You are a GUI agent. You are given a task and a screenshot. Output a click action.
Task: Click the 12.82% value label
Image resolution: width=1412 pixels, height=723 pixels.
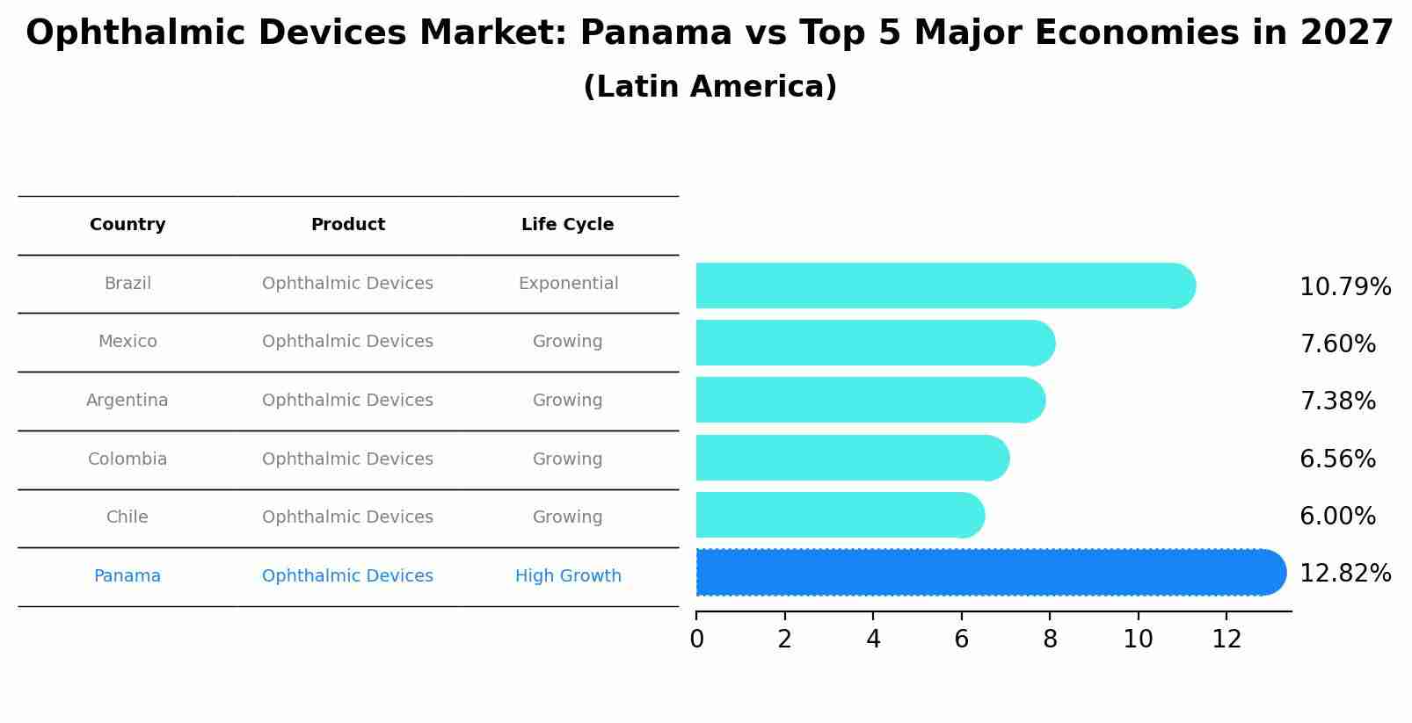1344,574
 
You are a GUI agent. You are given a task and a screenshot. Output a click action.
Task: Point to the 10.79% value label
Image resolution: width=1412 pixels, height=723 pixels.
1344,287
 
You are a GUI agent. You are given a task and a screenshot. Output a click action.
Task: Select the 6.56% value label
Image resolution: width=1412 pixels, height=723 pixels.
1337,459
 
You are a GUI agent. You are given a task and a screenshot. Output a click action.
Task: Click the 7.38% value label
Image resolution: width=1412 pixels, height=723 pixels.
1337,401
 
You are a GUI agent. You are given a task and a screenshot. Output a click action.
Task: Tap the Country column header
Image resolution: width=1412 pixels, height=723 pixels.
127,225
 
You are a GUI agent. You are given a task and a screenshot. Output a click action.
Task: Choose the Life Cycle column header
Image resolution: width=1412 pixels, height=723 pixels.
567,225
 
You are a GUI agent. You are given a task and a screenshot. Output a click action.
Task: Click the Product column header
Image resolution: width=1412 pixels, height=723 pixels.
348,225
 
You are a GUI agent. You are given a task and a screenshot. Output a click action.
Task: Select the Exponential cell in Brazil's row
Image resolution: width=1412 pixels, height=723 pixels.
568,284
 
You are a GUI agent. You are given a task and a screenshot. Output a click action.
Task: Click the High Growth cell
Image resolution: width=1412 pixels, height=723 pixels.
568,576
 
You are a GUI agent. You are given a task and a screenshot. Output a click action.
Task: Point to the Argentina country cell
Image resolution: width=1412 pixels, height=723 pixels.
127,401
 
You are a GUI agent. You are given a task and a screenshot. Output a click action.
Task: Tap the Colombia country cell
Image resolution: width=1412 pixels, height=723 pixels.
127,459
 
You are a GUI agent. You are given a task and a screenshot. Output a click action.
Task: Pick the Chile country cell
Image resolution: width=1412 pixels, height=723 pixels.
127,517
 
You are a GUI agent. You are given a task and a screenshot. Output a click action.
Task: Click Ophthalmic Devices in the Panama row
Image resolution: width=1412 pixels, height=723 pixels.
347,576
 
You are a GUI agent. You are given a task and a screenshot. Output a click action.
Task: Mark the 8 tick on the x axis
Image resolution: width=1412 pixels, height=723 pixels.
1050,640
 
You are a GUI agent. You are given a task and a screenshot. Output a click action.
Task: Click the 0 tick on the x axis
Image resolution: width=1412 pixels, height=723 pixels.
696,640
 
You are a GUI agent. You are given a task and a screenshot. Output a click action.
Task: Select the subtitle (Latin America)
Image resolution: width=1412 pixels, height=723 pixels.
710,87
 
